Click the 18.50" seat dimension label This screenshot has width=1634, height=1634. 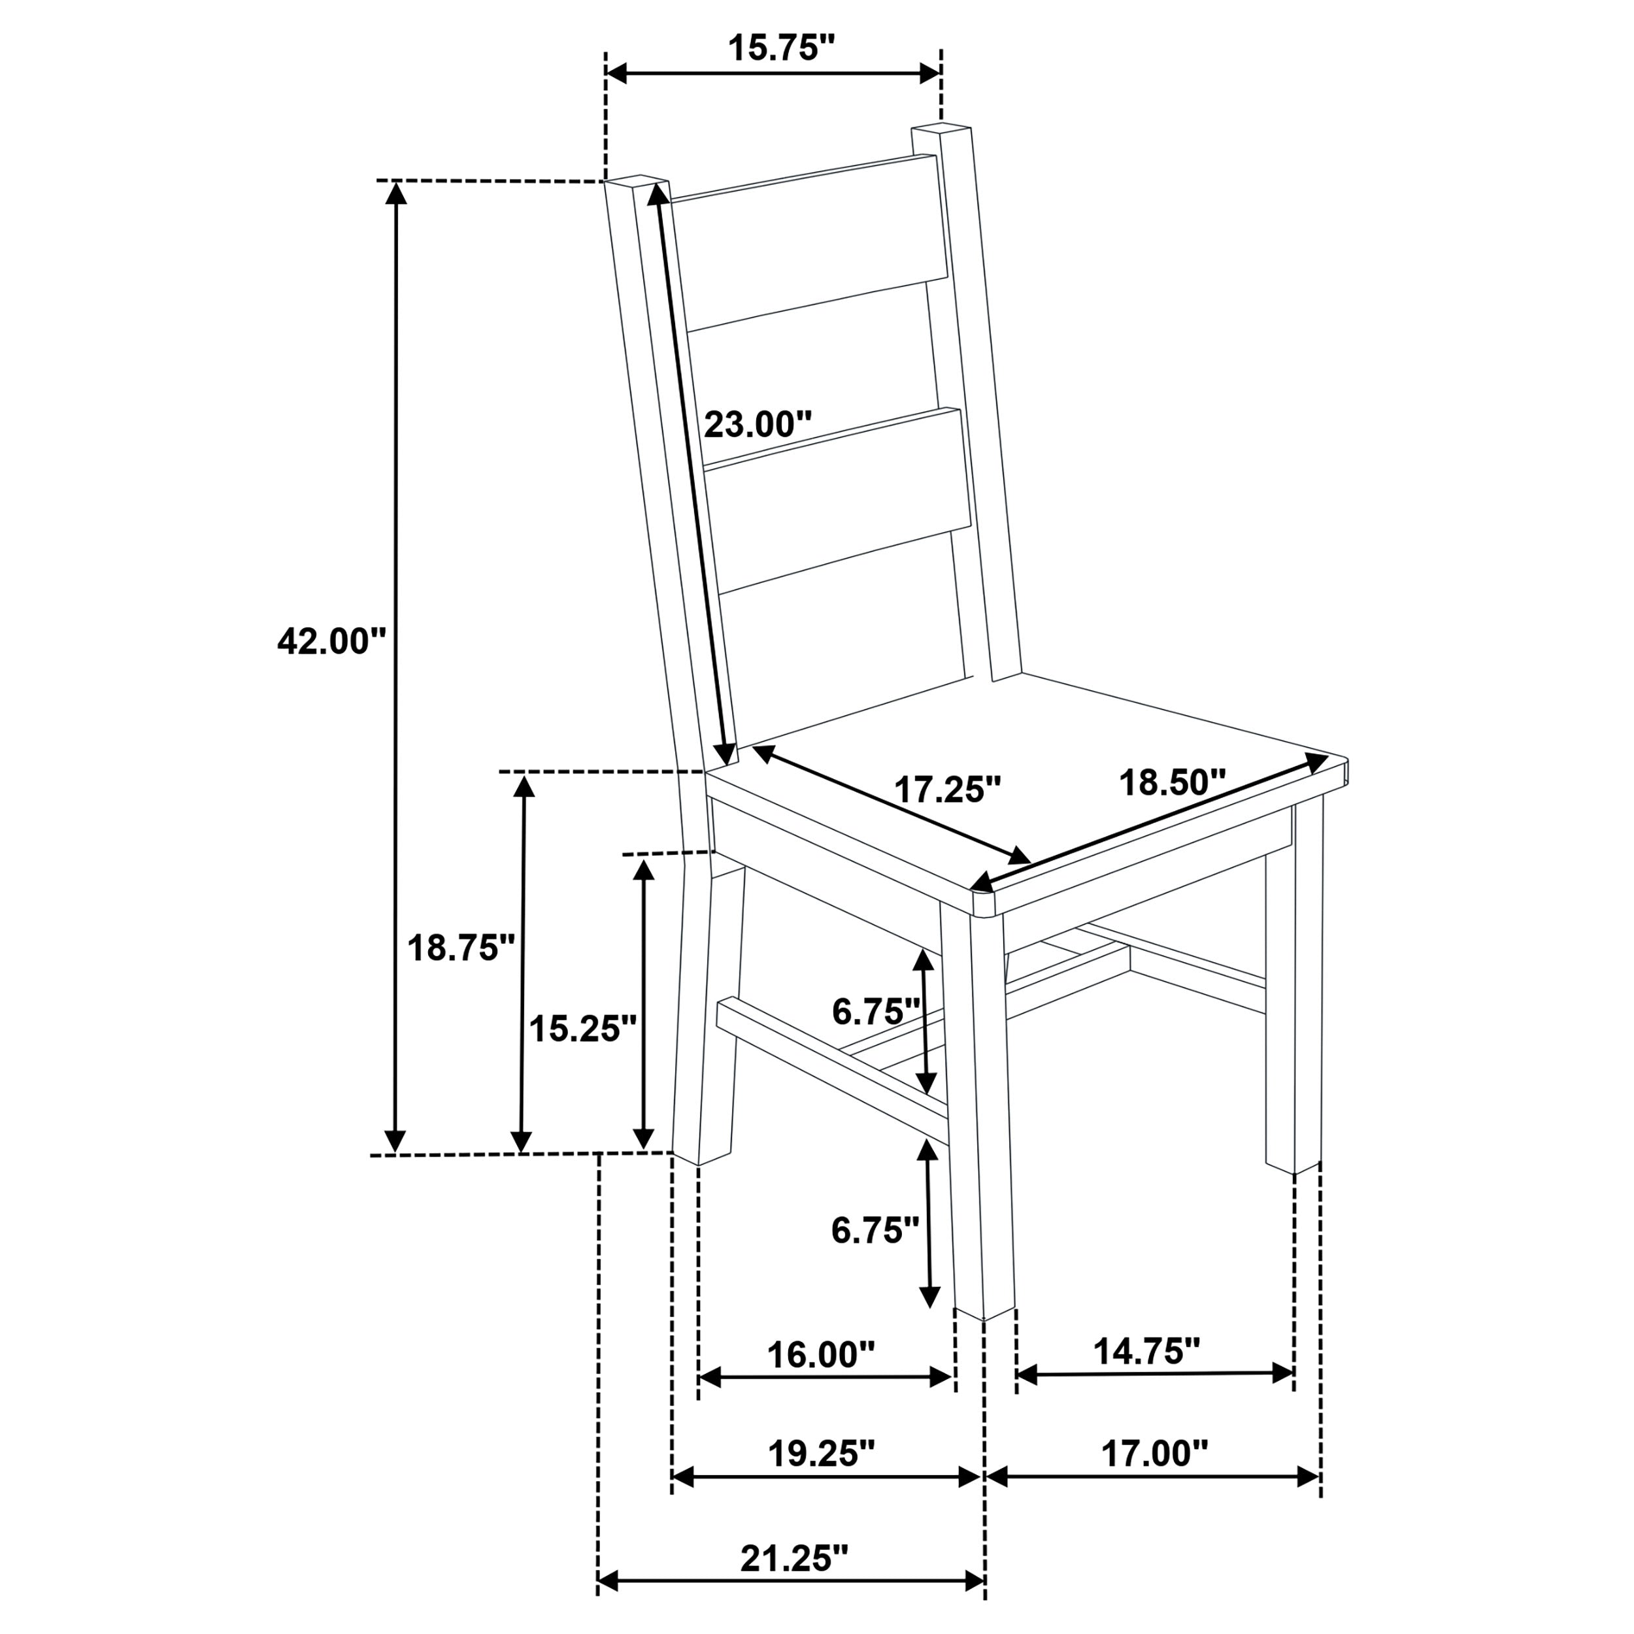(1172, 782)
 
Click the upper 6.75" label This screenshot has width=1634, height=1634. (875, 1010)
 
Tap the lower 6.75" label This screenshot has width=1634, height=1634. (875, 1231)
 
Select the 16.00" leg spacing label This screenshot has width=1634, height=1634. (820, 1355)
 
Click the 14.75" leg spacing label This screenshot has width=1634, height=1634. (1147, 1352)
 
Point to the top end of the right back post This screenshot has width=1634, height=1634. (941, 129)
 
